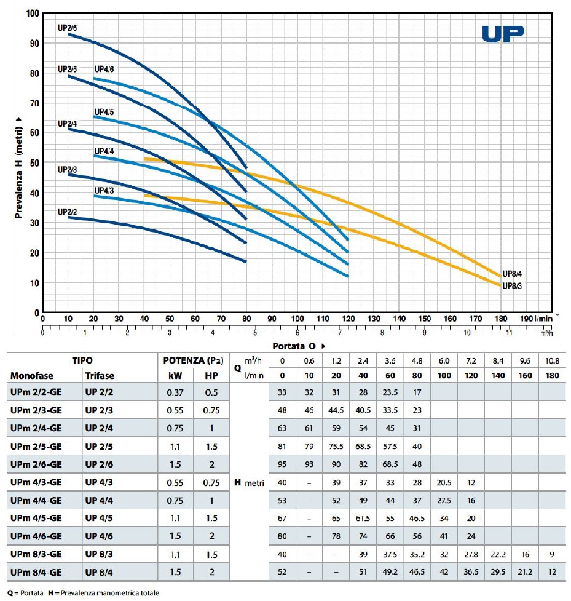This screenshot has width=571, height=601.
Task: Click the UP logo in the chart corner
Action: pyautogui.click(x=503, y=34)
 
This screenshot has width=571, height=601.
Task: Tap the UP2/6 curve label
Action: pyautogui.click(x=67, y=26)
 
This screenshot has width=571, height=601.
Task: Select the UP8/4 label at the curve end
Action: pyautogui.click(x=513, y=274)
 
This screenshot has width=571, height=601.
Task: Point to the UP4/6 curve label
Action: pyautogui.click(x=104, y=70)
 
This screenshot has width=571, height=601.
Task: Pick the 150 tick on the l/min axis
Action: pyautogui.click(x=425, y=319)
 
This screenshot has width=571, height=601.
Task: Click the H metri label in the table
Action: pyautogui.click(x=248, y=482)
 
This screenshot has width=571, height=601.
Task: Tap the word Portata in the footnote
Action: pyautogui.click(x=30, y=594)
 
